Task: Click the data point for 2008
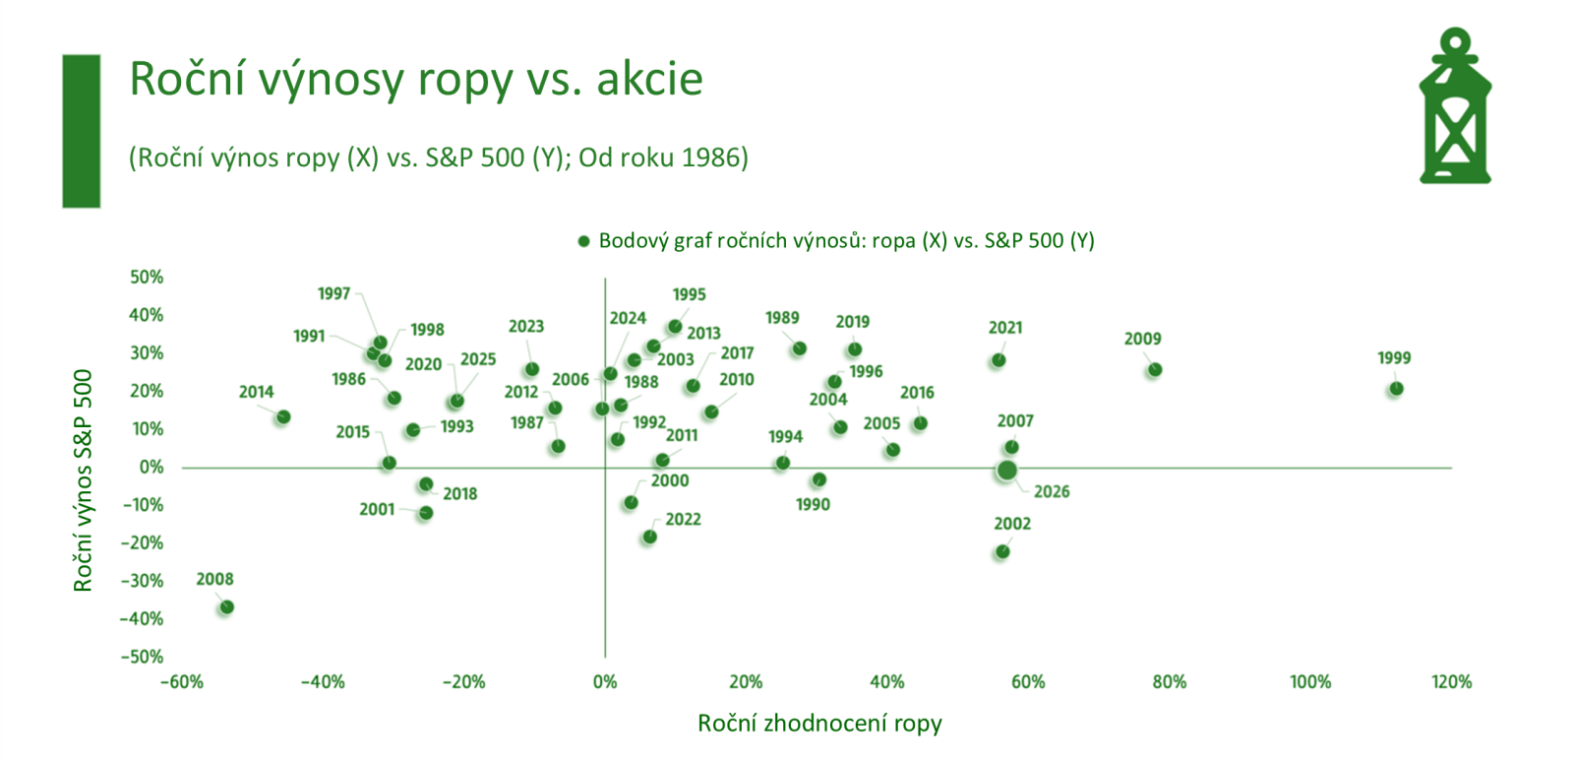(x=226, y=607)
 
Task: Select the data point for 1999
(x=1396, y=389)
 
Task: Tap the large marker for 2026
(x=1006, y=471)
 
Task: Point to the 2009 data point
(x=1155, y=370)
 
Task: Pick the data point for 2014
(x=283, y=417)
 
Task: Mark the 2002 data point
(x=1002, y=551)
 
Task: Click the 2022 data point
(x=649, y=537)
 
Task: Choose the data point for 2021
(x=999, y=360)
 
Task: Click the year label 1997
(x=333, y=293)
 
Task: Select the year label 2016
(x=917, y=393)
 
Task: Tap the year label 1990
(x=813, y=504)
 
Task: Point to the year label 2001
(x=377, y=509)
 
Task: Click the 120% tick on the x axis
(x=1451, y=682)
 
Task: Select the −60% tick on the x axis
(x=181, y=682)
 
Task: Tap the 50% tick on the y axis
(x=147, y=278)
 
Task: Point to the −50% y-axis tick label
(x=143, y=657)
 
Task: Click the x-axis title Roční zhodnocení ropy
(x=819, y=724)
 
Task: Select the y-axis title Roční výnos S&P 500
(x=83, y=480)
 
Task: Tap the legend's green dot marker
(x=583, y=241)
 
